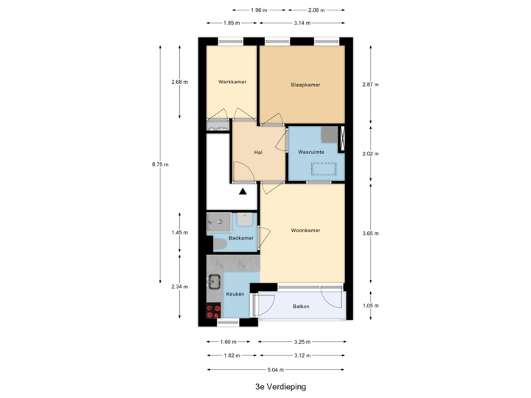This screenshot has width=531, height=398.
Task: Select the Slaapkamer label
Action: (305, 85)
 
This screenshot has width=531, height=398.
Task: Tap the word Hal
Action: (258, 153)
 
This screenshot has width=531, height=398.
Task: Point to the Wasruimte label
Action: (311, 152)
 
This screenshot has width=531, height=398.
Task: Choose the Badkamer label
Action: (241, 238)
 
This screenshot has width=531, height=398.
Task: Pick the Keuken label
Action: (235, 294)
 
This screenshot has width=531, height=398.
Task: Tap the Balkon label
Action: (301, 306)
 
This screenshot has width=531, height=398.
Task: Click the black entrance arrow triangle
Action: (243, 192)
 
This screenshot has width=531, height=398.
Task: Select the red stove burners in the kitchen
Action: (215, 310)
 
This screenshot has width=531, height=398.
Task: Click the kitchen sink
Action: (215, 281)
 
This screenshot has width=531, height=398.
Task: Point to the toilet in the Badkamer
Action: (219, 244)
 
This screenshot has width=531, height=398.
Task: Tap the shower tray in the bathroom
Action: (218, 220)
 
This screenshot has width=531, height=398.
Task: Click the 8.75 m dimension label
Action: (160, 164)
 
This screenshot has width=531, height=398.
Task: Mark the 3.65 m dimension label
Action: (370, 234)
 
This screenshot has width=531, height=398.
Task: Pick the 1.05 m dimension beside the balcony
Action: (370, 305)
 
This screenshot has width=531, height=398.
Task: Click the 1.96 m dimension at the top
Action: (257, 10)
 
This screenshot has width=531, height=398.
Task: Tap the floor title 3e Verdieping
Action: (280, 386)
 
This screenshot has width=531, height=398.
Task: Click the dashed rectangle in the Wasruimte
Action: (323, 168)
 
